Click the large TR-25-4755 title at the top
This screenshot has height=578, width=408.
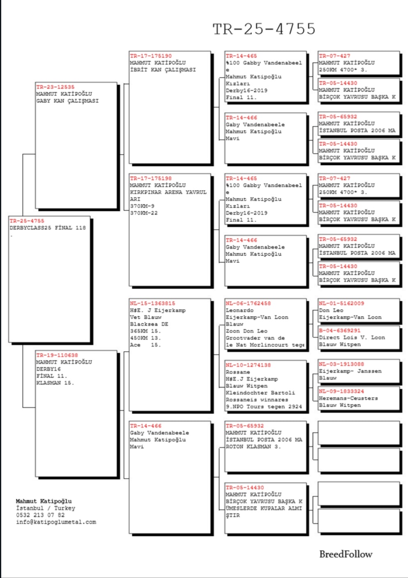[x=264, y=29]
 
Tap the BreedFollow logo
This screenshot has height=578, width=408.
[x=346, y=554]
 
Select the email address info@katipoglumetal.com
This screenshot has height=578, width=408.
[x=56, y=522]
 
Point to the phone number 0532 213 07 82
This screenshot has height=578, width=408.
[x=40, y=515]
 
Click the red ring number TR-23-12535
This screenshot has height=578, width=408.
[x=55, y=87]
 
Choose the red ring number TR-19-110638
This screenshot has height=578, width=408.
[x=57, y=355]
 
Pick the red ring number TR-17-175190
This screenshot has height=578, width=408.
[x=151, y=56]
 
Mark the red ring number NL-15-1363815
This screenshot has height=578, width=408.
[x=152, y=303]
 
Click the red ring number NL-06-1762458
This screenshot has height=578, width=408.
[x=248, y=303]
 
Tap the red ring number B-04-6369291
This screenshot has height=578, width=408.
[x=339, y=330]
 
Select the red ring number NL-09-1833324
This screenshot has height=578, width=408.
[x=341, y=391]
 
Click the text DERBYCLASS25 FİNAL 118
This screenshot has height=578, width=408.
[x=48, y=228]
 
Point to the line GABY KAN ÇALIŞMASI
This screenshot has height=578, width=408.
[x=67, y=101]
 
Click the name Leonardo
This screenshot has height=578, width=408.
[x=240, y=310]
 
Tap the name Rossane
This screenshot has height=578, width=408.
[x=237, y=372]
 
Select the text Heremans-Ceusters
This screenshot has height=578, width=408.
[x=348, y=398]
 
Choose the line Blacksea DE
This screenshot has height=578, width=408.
[x=149, y=324]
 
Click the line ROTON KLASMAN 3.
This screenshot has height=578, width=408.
[x=253, y=447]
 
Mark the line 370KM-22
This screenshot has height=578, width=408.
[x=144, y=213]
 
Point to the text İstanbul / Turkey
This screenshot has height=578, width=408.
[x=46, y=508]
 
